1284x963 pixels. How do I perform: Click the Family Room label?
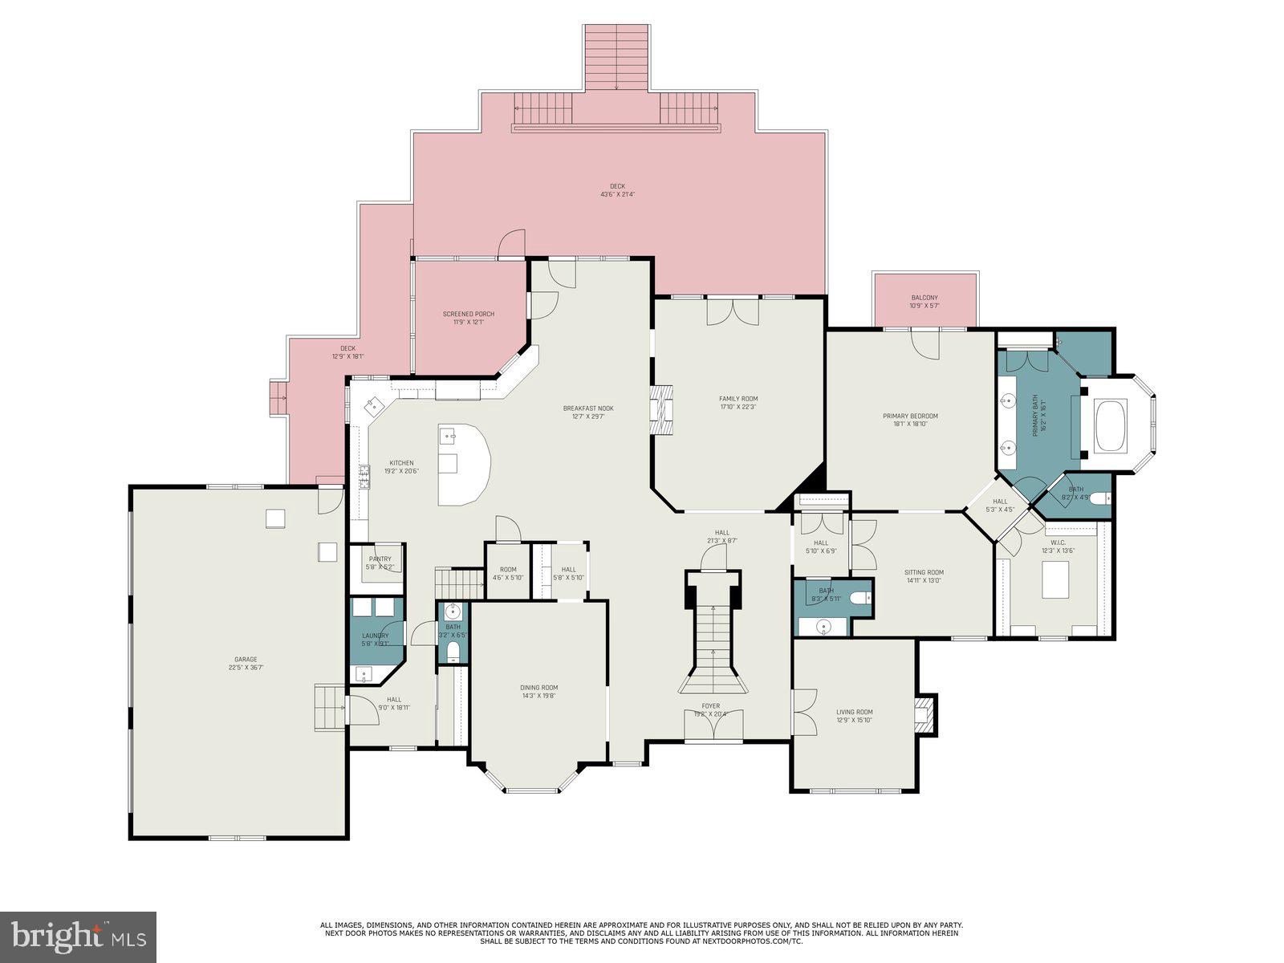pos(738,399)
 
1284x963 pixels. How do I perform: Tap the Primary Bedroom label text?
pos(910,416)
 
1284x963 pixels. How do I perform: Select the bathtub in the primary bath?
pos(1111,425)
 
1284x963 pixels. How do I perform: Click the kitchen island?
pos(463,465)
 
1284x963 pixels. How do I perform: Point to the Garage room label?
pos(246,660)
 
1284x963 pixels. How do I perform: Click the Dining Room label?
pos(539,688)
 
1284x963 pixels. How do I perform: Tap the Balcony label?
pos(924,298)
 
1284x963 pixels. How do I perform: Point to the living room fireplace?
pos(926,713)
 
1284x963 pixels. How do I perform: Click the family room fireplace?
pos(662,409)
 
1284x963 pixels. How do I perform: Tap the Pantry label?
pos(380,559)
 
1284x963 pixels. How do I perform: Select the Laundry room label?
pos(376,636)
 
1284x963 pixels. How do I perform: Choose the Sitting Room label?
pos(924,572)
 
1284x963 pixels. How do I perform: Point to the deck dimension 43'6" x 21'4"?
pos(617,194)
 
